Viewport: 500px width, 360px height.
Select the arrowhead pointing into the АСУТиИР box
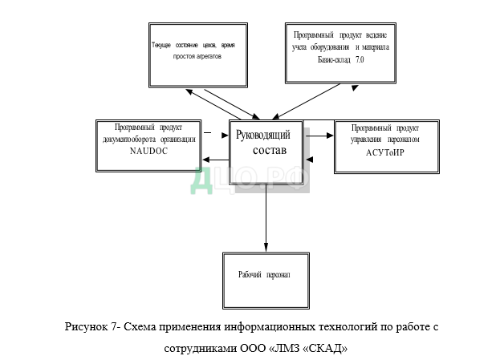click(x=330, y=136)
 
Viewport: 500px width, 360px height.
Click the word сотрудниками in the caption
click(x=202, y=349)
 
